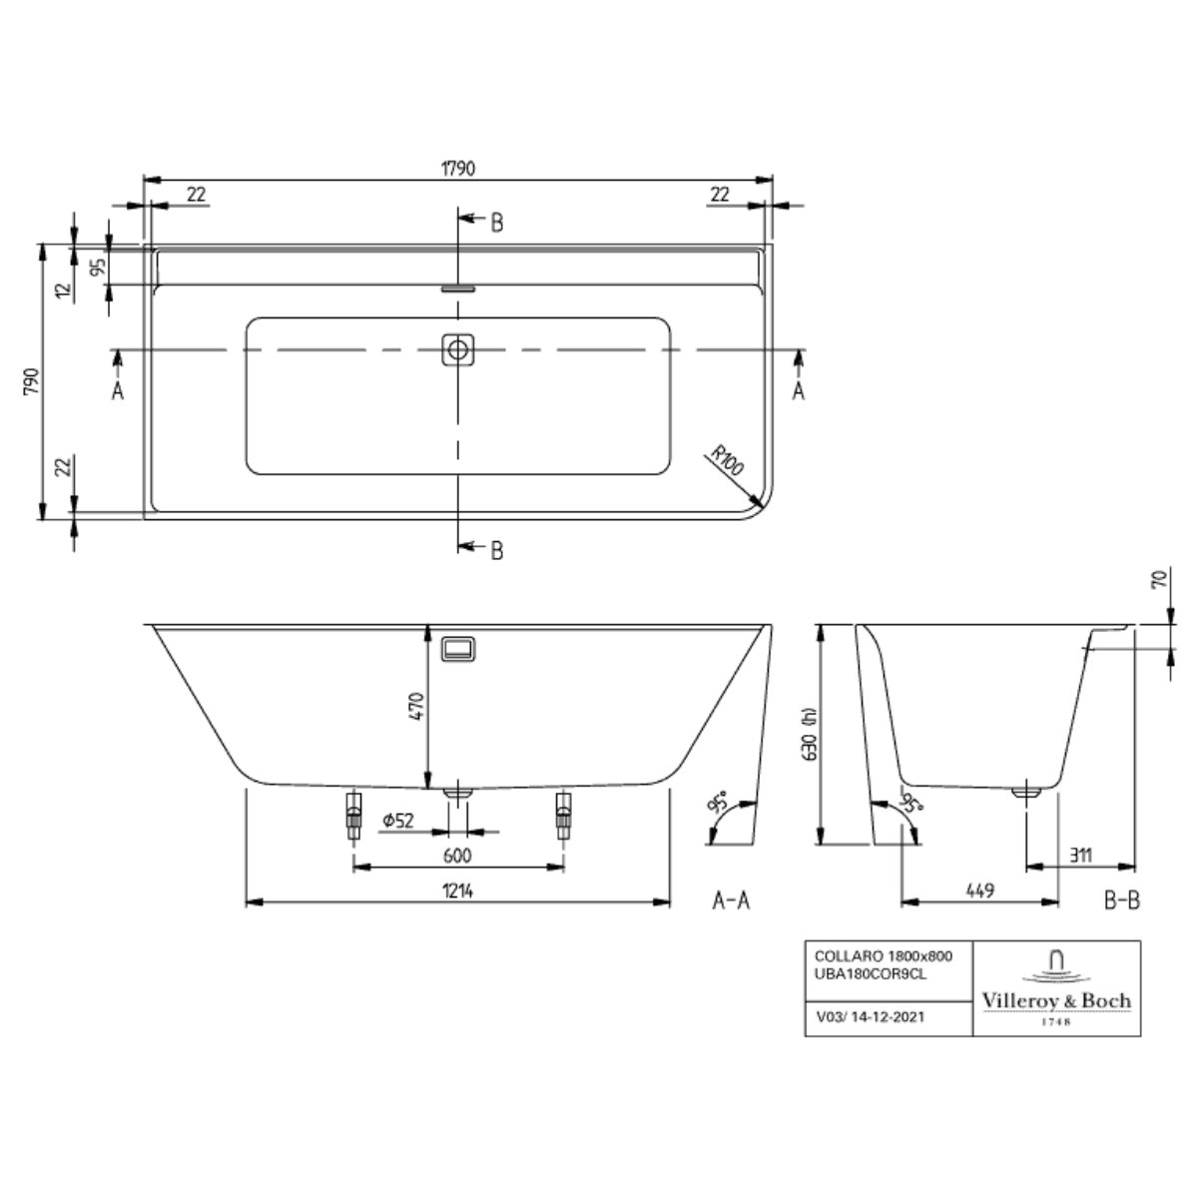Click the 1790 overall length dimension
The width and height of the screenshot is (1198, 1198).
(458, 169)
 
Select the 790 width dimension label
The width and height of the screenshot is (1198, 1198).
(31, 381)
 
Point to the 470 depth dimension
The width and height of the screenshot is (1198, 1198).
(416, 706)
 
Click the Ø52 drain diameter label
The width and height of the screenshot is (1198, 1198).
(398, 821)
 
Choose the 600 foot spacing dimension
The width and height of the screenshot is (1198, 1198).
(457, 856)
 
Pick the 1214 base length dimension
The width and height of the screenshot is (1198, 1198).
(458, 891)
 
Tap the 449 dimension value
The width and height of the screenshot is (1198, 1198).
(979, 891)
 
